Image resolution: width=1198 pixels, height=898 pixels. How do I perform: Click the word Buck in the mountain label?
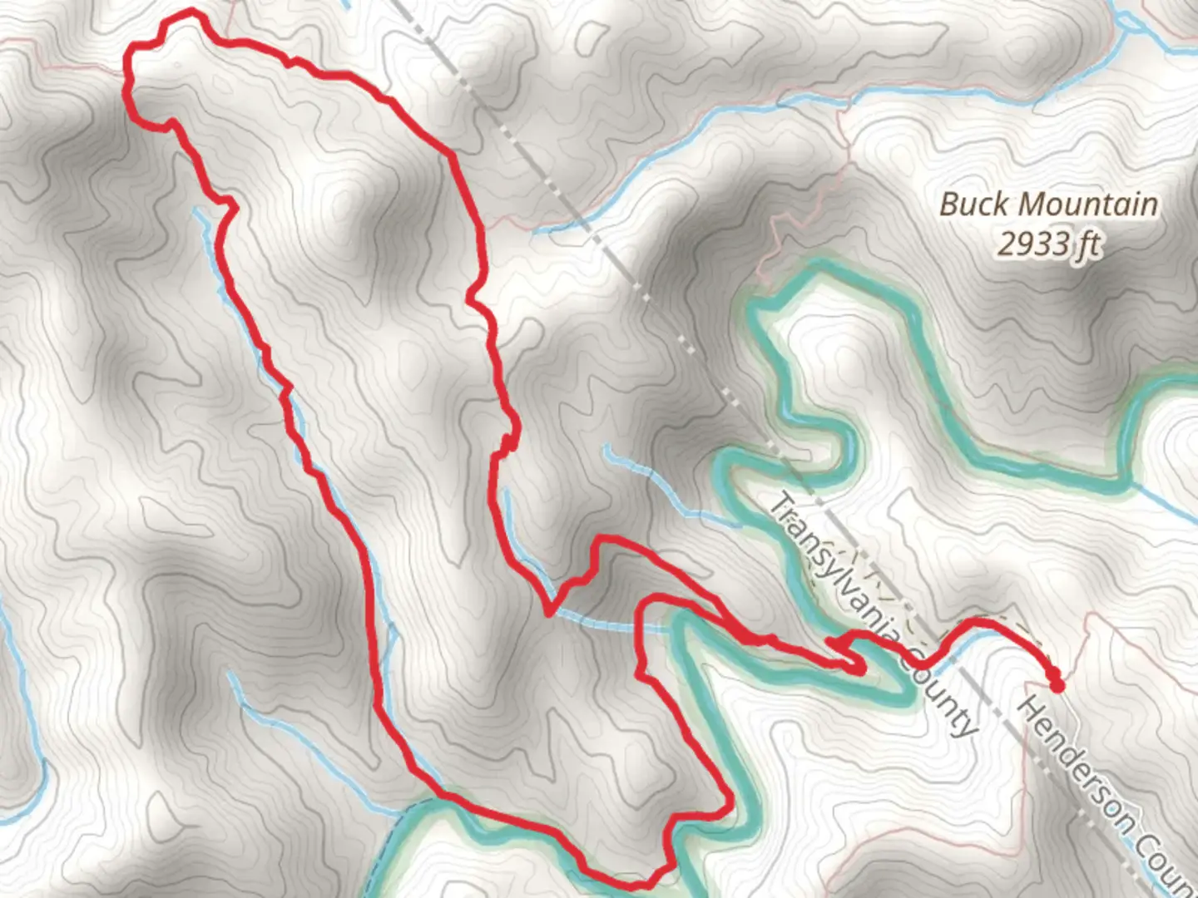pos(975,205)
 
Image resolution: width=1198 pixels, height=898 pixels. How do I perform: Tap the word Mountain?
pos(1088,205)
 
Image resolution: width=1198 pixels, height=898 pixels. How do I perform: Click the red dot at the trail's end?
pos(1057,686)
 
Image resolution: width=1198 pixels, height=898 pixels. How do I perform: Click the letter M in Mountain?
pos(1032,205)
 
